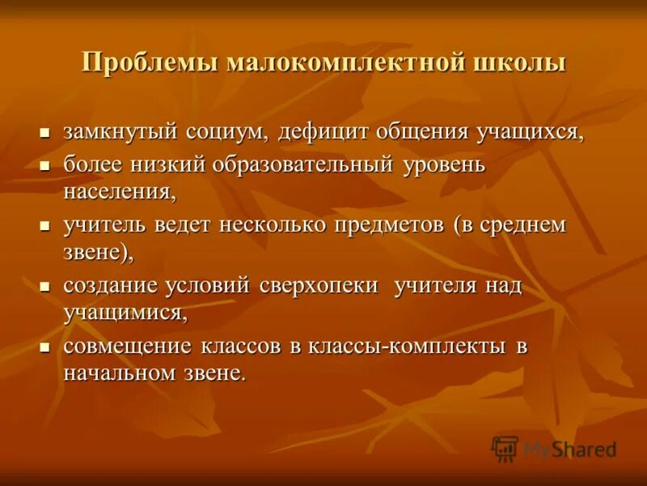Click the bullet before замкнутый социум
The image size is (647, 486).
(46, 132)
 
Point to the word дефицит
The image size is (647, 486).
(324, 131)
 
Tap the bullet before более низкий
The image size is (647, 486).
(46, 165)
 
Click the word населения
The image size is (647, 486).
(120, 191)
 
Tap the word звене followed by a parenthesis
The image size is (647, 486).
(99, 252)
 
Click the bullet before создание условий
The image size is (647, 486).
(46, 288)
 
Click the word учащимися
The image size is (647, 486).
(125, 313)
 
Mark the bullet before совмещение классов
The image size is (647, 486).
(46, 348)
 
